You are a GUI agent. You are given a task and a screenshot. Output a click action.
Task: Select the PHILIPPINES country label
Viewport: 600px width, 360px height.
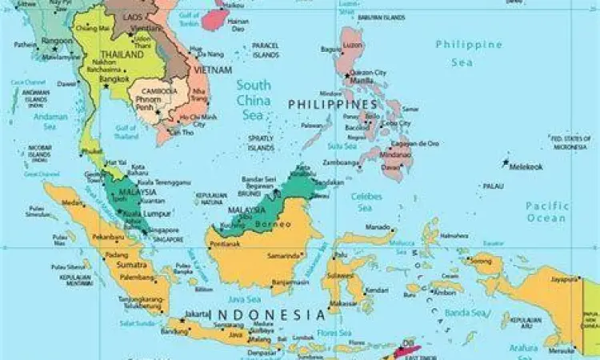click(x=332, y=105)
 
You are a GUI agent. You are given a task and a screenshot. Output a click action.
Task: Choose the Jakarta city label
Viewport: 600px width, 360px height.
click(x=196, y=314)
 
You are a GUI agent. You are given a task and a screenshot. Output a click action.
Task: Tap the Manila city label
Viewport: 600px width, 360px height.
click(x=362, y=81)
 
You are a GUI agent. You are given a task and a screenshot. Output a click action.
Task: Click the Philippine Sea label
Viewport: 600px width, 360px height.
click(x=469, y=52)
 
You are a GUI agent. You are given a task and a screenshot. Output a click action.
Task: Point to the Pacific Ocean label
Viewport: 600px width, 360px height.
click(x=547, y=212)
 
